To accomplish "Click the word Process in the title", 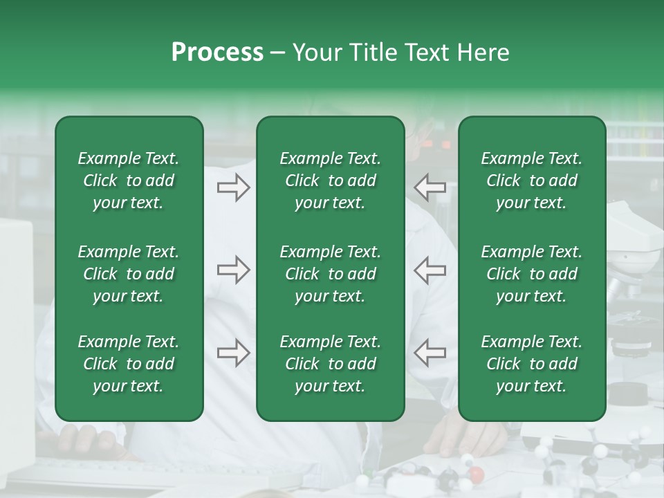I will coord(217,53).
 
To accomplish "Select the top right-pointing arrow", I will coord(233,187).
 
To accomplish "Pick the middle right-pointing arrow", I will coord(233,270).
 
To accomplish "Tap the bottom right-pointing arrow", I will coord(233,353).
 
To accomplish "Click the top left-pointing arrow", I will coord(430,187).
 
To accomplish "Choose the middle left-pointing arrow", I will coord(430,270).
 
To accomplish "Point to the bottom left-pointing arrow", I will coord(430,353).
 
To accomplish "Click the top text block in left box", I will coord(129,181).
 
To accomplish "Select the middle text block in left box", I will coord(129,274).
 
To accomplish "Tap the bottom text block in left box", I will coord(129,364).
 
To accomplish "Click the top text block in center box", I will coord(330,181).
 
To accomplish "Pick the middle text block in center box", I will coord(330,274).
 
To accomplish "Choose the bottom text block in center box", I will coord(330,364).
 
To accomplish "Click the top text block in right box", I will coord(531,181).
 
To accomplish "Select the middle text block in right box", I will coord(531,274).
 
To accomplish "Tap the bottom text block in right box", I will coord(531,364).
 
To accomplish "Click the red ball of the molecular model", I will coord(476,474).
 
